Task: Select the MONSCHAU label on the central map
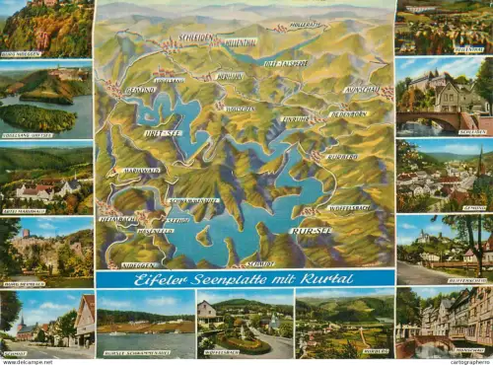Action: pyautogui.click(x=362, y=89)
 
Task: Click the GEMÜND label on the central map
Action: pyautogui.click(x=140, y=89)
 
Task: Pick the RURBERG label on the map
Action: pyautogui.click(x=342, y=157)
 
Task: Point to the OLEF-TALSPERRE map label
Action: pyautogui.click(x=284, y=63)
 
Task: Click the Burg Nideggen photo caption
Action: pyautogui.click(x=22, y=54)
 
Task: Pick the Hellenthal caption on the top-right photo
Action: pyautogui.click(x=466, y=49)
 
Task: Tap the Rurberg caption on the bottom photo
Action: pyautogui.click(x=375, y=351)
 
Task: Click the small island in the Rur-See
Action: pyautogui.click(x=203, y=236)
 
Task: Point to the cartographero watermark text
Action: pyautogui.click(x=468, y=360)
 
